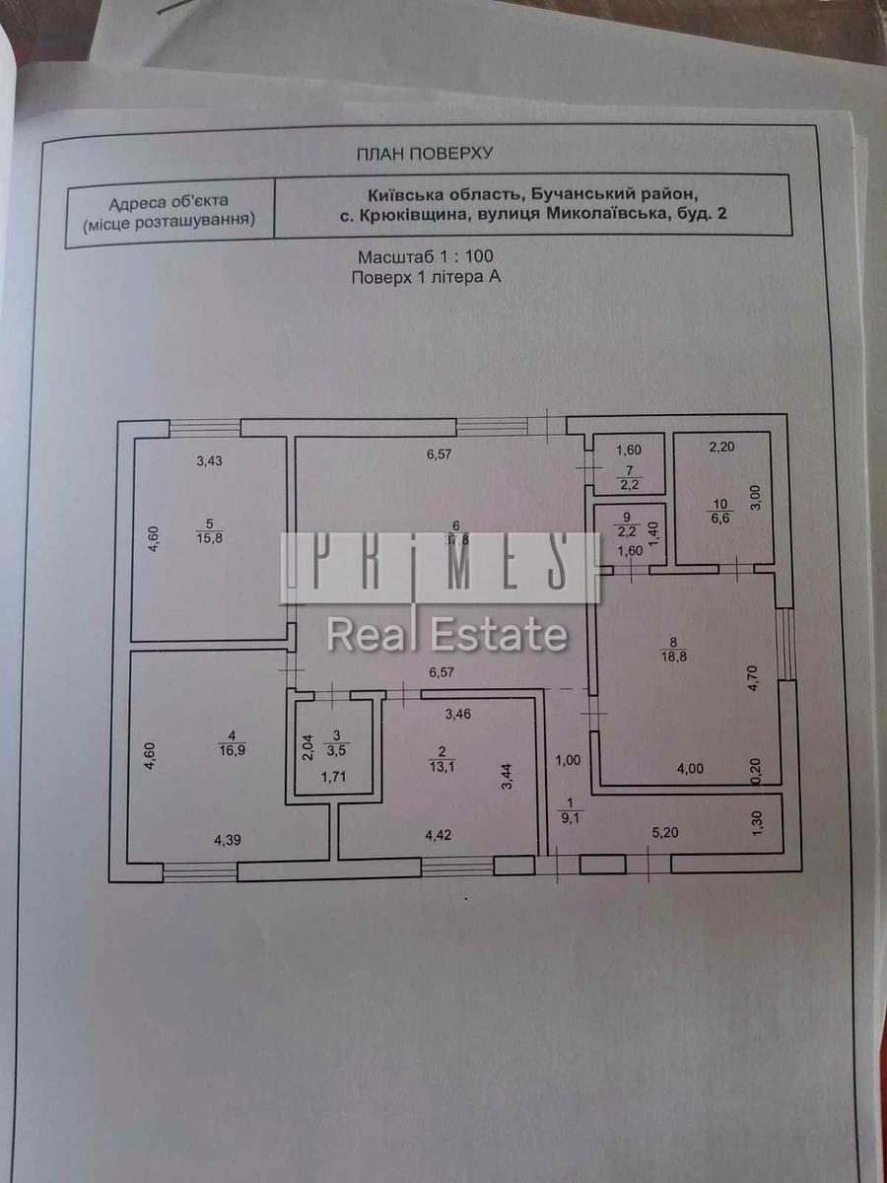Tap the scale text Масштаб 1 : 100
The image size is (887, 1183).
[426, 256]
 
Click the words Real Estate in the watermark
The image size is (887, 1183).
[446, 634]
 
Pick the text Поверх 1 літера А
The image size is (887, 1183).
[426, 278]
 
